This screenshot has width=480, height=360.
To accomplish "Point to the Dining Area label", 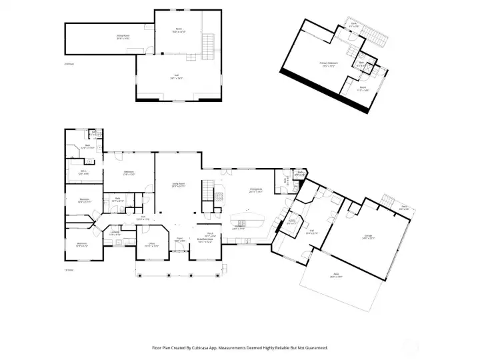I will point(257,190).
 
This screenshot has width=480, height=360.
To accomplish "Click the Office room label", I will point(151,245).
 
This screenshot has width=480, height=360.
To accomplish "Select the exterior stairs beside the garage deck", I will point(387,201).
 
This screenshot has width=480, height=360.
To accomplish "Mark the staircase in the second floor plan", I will point(208,46).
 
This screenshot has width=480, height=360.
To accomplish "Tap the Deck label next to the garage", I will point(404,208).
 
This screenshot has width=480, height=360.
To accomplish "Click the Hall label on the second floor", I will point(177,77).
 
